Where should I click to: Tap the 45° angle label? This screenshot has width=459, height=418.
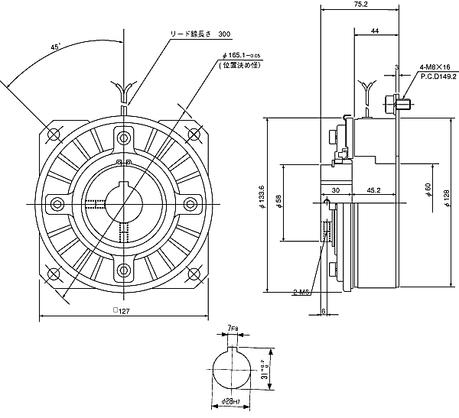[55, 47]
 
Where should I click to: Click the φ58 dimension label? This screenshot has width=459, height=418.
[279, 203]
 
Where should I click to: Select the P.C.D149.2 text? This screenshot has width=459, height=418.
[437, 76]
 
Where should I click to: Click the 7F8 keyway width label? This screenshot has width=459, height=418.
[233, 329]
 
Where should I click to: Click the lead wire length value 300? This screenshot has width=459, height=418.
[224, 34]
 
